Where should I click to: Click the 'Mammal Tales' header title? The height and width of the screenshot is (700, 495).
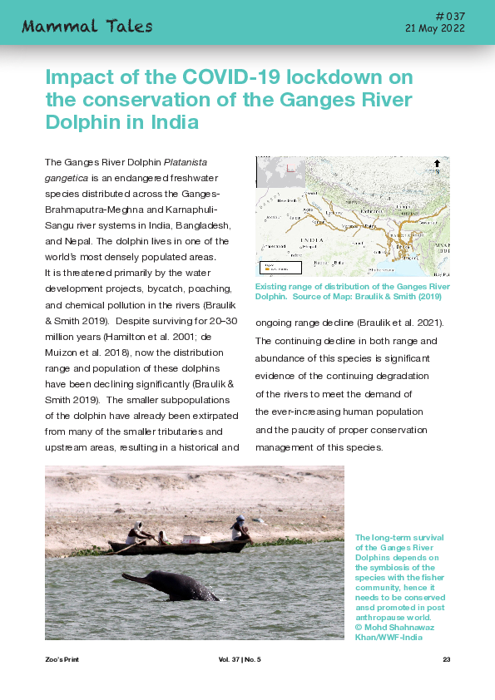[x=87, y=26]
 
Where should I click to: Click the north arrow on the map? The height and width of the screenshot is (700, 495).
[x=438, y=164]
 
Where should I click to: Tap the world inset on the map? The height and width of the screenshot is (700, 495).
[x=280, y=174]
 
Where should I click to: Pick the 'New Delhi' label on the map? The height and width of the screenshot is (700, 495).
[x=287, y=200]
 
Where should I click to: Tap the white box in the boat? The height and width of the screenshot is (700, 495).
[x=192, y=539]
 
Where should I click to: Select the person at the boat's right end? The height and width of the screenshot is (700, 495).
[x=240, y=527]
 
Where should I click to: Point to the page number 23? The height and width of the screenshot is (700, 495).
[x=446, y=659]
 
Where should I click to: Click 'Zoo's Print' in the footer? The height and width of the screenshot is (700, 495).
[x=62, y=659]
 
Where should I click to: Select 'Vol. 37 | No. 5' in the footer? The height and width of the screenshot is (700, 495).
[x=240, y=659]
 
